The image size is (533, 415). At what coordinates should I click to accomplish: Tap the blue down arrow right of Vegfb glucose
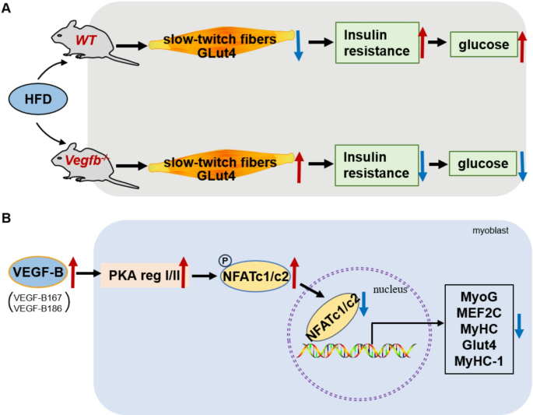pyautogui.click(x=521, y=165)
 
